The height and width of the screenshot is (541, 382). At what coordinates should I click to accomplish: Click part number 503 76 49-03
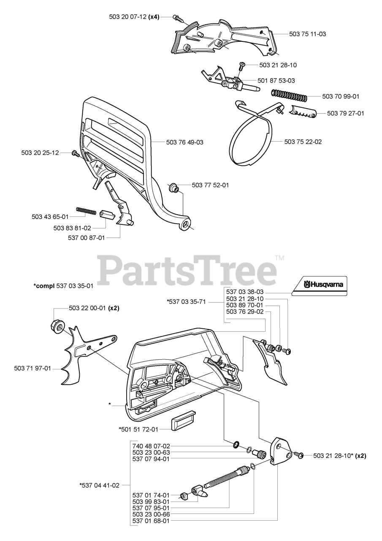click(x=184, y=142)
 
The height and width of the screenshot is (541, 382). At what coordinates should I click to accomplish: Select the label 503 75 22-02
click(x=303, y=142)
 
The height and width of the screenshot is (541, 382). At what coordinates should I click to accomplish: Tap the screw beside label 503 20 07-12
click(x=178, y=18)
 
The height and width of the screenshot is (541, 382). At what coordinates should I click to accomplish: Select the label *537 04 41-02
click(x=100, y=485)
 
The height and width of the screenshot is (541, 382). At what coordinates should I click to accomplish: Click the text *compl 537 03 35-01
click(x=63, y=286)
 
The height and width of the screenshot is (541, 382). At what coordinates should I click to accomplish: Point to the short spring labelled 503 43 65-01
click(x=86, y=210)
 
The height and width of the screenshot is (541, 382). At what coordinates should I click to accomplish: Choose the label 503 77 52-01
click(x=210, y=185)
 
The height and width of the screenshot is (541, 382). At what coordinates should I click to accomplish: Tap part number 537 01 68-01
click(x=151, y=521)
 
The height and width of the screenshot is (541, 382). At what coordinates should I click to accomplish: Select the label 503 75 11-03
click(x=307, y=33)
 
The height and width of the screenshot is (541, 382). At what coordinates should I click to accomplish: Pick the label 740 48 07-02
click(x=151, y=446)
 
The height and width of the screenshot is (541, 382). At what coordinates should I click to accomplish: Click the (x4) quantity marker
click(x=154, y=16)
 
